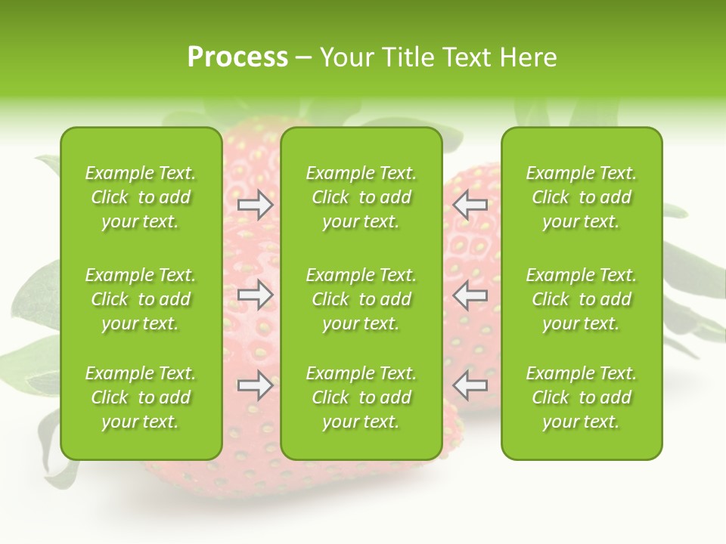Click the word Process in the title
point(237,57)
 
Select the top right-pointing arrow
point(255,205)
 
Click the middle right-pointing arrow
point(255,295)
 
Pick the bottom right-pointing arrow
point(255,386)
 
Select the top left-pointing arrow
point(470,205)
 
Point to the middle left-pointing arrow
point(470,295)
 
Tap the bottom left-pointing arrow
point(470,386)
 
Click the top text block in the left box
point(141,197)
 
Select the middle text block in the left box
point(141,299)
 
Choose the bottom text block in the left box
point(141,397)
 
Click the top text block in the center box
point(361,197)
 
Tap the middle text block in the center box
point(361,299)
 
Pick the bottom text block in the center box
point(361,397)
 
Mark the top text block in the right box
point(582,197)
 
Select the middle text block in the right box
point(582,299)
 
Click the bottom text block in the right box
point(582,397)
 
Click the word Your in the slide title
point(347,57)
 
